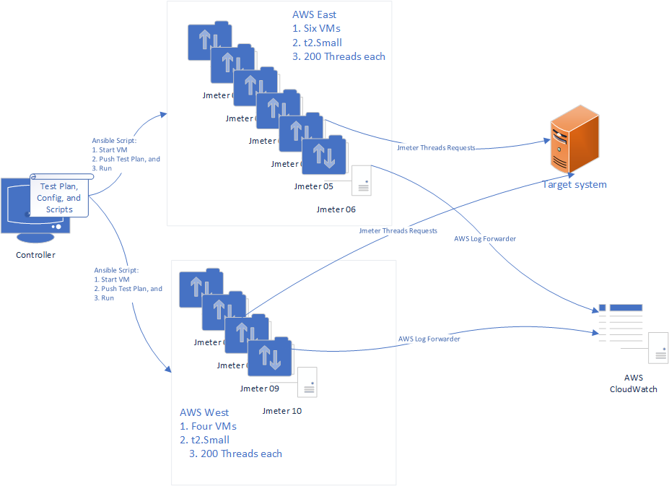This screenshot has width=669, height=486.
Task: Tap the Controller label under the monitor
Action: tap(35, 255)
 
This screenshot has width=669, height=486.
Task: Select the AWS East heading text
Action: tap(315, 14)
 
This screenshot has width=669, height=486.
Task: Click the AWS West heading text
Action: tap(204, 413)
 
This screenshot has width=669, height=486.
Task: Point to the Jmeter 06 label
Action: tap(336, 209)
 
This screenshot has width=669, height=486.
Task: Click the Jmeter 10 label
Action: tap(281, 411)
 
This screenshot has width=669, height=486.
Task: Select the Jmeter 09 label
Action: tap(259, 389)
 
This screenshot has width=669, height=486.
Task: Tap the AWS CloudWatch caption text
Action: tap(633, 383)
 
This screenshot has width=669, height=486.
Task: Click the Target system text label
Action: tap(574, 185)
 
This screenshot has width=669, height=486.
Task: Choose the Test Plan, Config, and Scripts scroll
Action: tap(59, 196)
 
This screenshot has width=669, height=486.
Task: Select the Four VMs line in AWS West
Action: tap(209, 426)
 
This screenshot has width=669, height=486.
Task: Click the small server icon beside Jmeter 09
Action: tap(307, 381)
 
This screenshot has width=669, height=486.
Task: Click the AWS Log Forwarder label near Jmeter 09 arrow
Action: tap(429, 339)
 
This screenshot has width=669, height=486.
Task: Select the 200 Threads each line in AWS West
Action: tap(235, 454)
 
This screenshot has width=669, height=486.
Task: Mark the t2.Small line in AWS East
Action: tap(318, 43)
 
